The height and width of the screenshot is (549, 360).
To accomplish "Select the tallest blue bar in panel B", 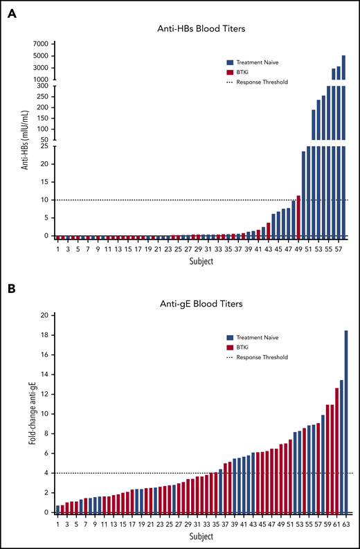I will pyautogui.click(x=345, y=422).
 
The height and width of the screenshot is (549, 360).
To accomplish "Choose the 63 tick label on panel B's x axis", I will pyautogui.click(x=345, y=525).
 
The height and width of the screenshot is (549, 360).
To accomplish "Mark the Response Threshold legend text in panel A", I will pyautogui.click(x=263, y=82).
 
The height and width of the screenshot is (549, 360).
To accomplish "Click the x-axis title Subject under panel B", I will pyautogui.click(x=201, y=536).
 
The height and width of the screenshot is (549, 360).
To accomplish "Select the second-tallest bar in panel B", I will pyautogui.click(x=341, y=447).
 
